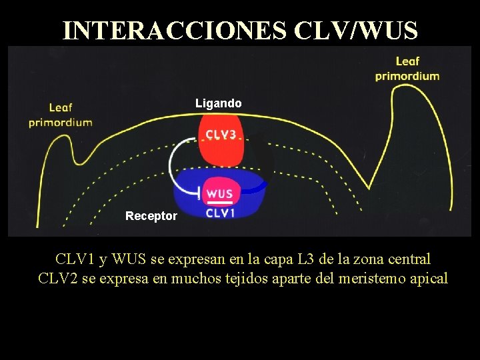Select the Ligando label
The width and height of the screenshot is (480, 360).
point(218,103)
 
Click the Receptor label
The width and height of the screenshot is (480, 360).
point(151,216)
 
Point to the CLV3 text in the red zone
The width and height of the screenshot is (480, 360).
point(221,134)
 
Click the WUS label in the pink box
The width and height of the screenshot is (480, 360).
point(219,193)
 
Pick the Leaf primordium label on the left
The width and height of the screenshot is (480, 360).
point(60,114)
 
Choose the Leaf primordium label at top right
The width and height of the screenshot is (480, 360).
point(407,69)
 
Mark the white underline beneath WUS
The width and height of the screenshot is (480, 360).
point(219,202)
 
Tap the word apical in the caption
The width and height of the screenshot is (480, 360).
point(429,278)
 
